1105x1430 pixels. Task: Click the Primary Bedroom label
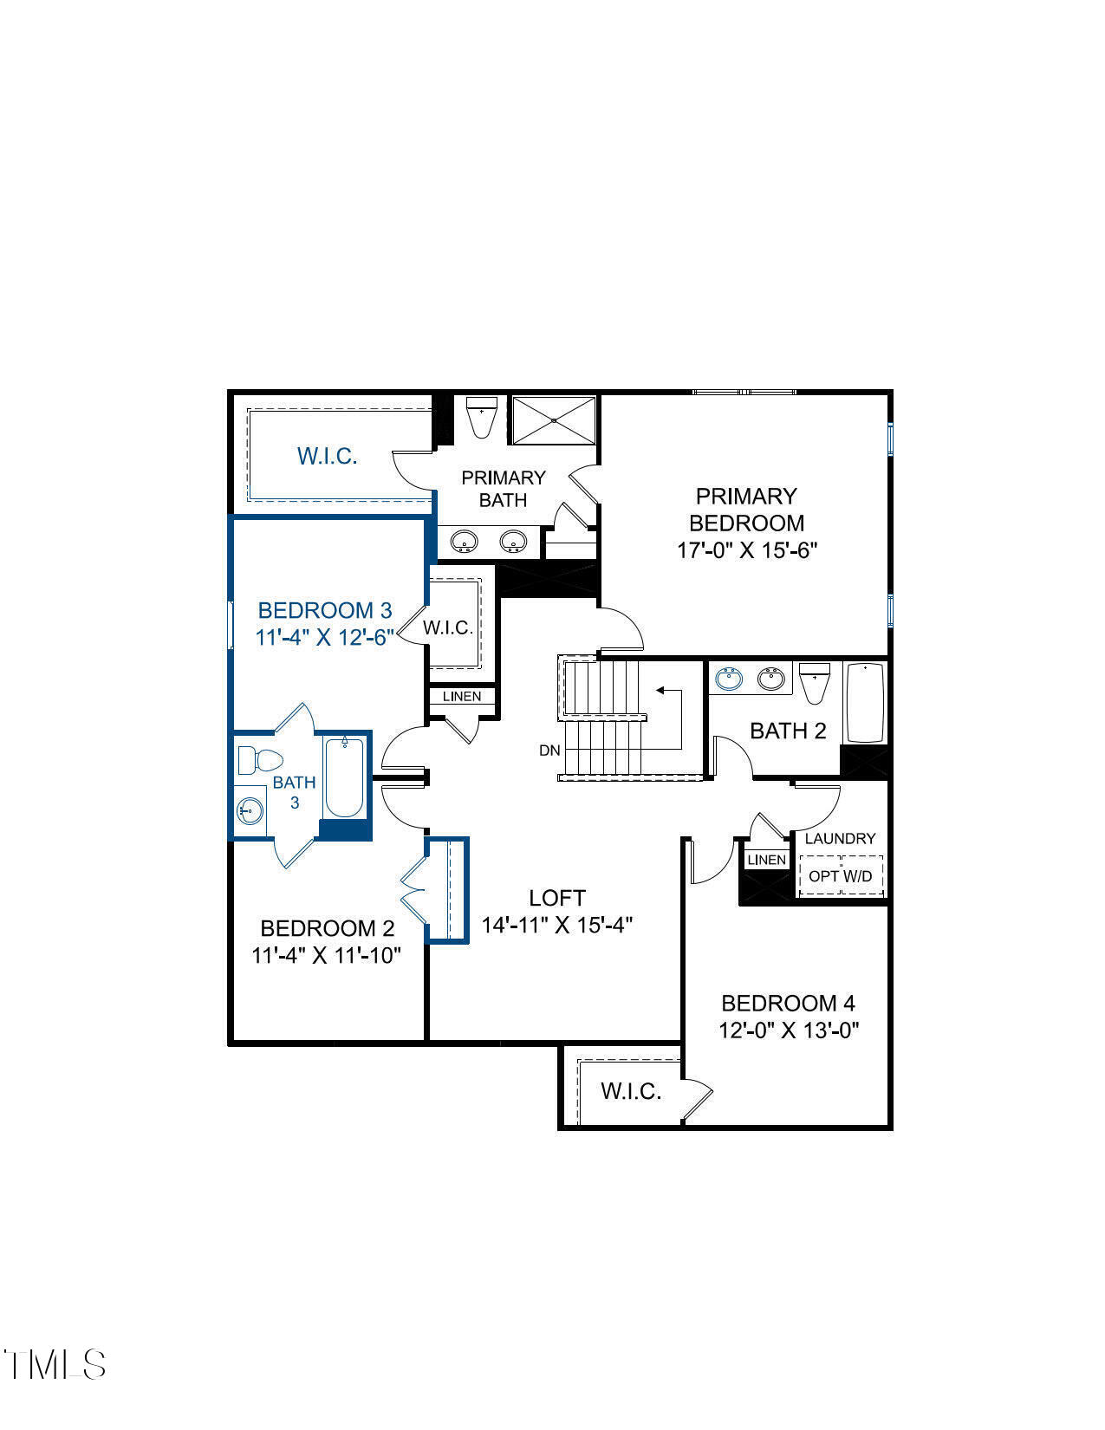click(745, 510)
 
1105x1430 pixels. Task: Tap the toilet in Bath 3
click(260, 760)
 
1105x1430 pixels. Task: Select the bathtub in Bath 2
click(865, 703)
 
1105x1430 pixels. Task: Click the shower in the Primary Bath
click(554, 420)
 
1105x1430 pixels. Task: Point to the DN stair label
click(549, 751)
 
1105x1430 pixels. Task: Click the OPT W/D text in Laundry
click(840, 876)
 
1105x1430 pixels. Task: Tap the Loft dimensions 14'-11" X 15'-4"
click(557, 926)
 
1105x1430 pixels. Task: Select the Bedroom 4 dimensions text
click(788, 1030)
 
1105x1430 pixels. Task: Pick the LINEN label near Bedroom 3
click(462, 696)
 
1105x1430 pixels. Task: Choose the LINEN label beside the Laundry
click(766, 860)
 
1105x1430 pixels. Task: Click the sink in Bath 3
click(250, 811)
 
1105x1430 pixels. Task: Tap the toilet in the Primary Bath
click(481, 418)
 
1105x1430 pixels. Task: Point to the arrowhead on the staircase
click(660, 691)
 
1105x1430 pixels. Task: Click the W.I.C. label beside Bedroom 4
click(631, 1091)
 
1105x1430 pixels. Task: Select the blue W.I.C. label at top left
click(328, 456)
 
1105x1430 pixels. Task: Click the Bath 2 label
click(788, 731)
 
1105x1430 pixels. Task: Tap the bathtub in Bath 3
click(344, 777)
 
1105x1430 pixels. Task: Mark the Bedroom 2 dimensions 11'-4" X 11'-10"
click(327, 956)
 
